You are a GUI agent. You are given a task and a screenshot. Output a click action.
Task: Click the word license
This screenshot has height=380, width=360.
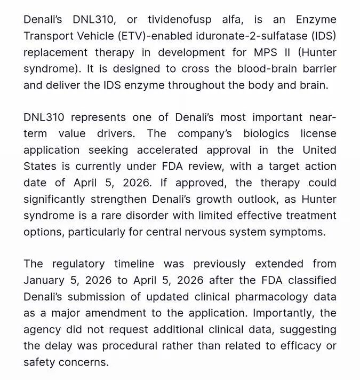coord(318,133)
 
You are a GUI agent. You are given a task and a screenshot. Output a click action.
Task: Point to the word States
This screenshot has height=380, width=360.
coord(40,167)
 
